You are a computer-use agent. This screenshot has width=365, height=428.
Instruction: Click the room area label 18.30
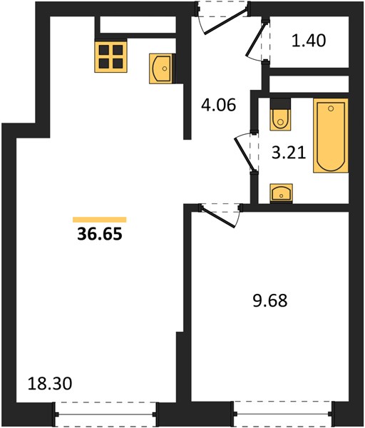(x=50, y=383)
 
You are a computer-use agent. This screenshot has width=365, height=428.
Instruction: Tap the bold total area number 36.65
(x=100, y=234)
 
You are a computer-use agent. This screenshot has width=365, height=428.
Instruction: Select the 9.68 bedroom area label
(x=270, y=300)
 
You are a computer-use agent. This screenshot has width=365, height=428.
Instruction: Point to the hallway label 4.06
(x=218, y=105)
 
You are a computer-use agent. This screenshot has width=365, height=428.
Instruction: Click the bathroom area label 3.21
(x=289, y=153)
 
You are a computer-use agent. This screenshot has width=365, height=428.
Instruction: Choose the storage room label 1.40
(x=309, y=41)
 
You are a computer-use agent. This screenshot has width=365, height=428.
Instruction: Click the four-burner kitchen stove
(x=110, y=57)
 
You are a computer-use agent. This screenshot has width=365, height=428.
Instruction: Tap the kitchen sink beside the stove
(x=161, y=68)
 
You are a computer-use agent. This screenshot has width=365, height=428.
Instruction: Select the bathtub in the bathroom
(x=331, y=136)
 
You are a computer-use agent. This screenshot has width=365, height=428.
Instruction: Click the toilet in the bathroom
(x=280, y=114)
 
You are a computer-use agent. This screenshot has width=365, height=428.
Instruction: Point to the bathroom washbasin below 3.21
(x=282, y=193)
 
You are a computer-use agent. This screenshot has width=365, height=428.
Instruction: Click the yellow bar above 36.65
(x=100, y=220)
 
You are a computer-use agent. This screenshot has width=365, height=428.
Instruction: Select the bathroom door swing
(x=245, y=153)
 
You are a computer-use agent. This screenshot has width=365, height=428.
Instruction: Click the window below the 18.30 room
(x=106, y=414)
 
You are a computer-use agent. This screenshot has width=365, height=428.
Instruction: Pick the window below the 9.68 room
(x=284, y=414)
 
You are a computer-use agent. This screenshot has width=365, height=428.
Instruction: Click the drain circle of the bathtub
(x=331, y=108)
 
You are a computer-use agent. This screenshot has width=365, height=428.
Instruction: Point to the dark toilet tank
(x=280, y=103)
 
